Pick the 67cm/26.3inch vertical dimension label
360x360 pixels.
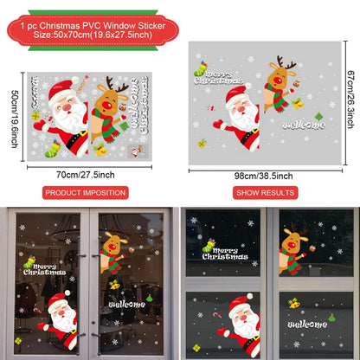pyautogui.click(x=348, y=93)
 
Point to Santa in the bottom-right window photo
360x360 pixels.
pyautogui.click(x=245, y=323)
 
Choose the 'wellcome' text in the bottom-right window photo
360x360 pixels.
pyautogui.click(x=306, y=325)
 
